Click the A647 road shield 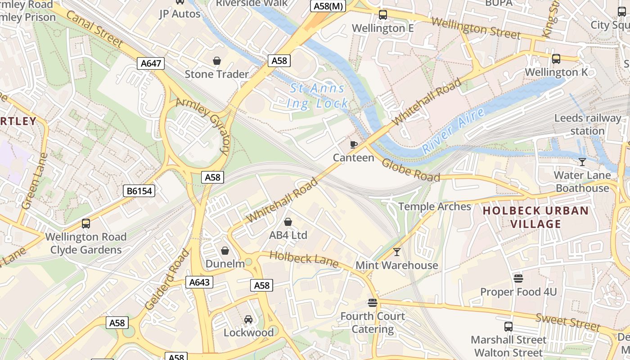(151, 63)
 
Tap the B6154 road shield (139, 191)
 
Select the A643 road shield (199, 282)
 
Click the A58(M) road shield (327, 6)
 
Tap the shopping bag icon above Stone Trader (217, 60)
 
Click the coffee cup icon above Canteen (354, 144)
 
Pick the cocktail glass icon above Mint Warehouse (397, 252)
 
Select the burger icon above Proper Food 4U (518, 279)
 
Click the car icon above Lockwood (248, 319)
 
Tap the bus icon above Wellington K (556, 58)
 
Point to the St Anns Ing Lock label (318, 96)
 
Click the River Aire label (454, 131)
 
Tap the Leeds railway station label (587, 125)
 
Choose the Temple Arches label (435, 207)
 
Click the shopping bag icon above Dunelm (225, 251)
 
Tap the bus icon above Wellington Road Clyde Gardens (85, 223)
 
